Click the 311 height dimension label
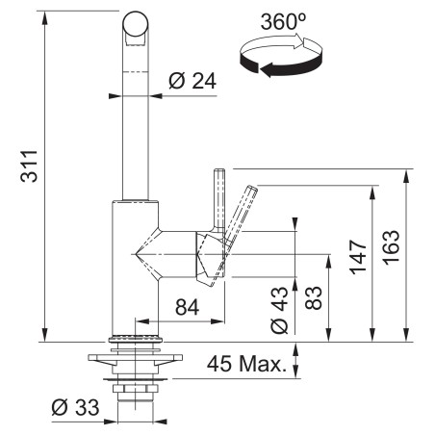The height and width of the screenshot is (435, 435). [27, 171]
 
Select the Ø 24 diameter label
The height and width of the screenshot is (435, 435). [192, 83]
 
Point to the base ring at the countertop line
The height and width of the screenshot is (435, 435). [136, 338]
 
